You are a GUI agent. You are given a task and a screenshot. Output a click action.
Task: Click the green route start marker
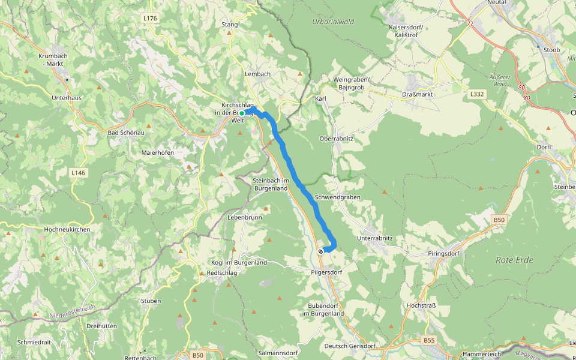tap(242, 113)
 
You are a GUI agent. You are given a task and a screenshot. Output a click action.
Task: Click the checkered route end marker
tap(321, 251)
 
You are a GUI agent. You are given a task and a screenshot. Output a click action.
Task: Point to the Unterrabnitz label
tap(374, 238)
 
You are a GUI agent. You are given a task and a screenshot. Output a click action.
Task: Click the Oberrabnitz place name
tap(336, 138)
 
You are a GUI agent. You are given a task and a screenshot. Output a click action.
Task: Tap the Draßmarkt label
tap(418, 95)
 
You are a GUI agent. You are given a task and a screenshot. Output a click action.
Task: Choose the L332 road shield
tap(476, 94)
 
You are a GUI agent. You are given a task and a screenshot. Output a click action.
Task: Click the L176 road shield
tap(150, 19)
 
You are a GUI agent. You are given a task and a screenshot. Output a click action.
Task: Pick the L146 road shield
tap(78, 173)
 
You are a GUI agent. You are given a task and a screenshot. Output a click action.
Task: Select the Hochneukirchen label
tap(67, 229)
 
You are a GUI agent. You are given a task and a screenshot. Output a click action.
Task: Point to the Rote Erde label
tap(514, 260)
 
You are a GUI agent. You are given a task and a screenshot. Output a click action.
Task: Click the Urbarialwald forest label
tap(333, 22)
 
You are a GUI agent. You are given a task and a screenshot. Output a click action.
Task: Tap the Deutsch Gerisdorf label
tap(350, 346)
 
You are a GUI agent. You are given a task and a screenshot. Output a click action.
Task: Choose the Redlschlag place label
tap(222, 272)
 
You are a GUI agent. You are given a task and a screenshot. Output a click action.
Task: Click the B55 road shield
tap(429, 340)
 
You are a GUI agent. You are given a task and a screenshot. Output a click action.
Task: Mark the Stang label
tap(230, 25)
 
